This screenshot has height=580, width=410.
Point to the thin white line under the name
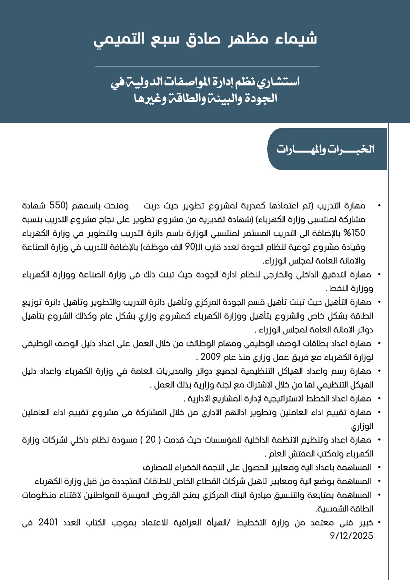click(207, 66)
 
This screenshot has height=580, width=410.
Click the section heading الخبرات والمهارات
click(325, 149)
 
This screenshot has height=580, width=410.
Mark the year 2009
click(210, 357)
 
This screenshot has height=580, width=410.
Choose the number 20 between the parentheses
click(150, 440)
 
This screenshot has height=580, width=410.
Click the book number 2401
click(48, 522)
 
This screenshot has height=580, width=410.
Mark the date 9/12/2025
click(351, 536)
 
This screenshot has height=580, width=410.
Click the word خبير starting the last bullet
click(366, 522)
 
